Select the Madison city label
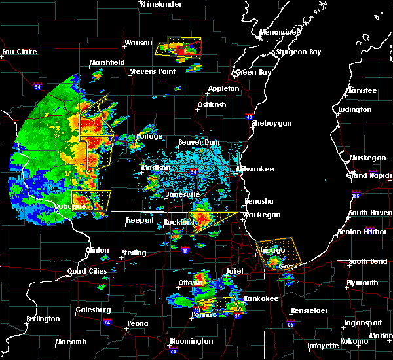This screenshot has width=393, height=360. click(156, 168)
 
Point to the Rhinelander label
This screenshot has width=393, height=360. click(160, 5)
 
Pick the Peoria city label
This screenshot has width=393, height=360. click(137, 323)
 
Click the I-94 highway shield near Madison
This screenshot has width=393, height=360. click(194, 171)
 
